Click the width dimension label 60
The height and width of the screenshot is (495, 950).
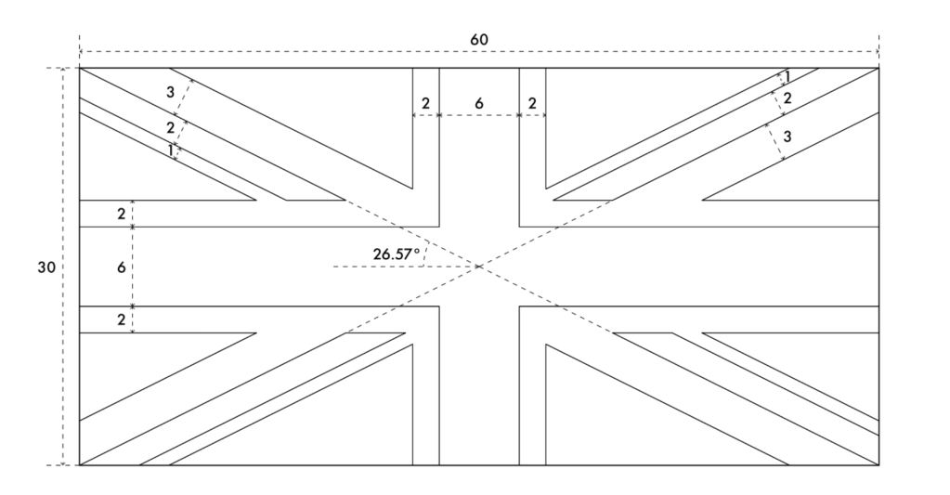click(x=479, y=40)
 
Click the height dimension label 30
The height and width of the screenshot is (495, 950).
click(x=46, y=267)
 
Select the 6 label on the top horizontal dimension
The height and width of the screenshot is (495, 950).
click(x=479, y=103)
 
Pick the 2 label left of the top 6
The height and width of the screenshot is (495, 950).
click(x=426, y=103)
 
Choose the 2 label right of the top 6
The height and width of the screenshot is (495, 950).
click(x=532, y=103)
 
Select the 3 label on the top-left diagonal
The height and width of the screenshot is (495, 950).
click(x=170, y=92)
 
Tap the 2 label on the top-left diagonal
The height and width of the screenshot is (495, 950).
click(x=170, y=127)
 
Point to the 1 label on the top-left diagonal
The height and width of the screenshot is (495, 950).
click(x=171, y=149)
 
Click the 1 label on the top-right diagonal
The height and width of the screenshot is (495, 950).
click(x=787, y=77)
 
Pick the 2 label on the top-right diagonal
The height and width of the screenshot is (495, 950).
click(x=787, y=98)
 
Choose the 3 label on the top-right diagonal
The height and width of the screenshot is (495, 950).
click(x=787, y=137)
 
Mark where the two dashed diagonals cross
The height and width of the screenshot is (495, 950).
click(x=479, y=267)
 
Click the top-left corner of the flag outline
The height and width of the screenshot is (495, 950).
click(x=80, y=68)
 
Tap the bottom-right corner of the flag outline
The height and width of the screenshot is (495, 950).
click(x=878, y=464)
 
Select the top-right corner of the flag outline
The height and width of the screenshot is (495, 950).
click(x=878, y=68)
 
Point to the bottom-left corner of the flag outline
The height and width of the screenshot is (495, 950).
click(x=80, y=464)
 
